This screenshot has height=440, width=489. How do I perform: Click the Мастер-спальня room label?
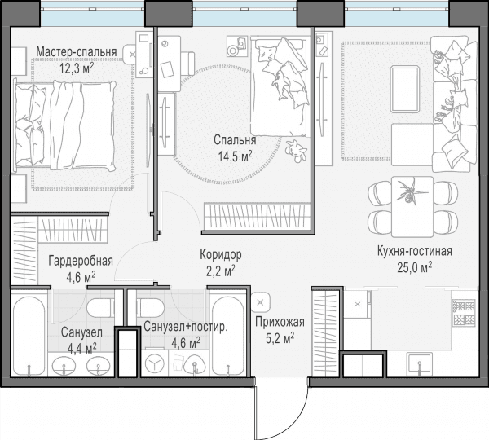point(77,52)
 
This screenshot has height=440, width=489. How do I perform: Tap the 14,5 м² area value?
point(235,156)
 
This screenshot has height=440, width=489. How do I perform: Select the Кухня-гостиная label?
point(415,251)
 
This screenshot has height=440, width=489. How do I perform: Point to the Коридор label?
point(221,255)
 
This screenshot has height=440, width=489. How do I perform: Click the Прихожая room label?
point(280,322)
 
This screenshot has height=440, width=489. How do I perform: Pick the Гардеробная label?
point(81,261)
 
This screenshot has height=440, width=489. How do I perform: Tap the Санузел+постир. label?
point(186,327)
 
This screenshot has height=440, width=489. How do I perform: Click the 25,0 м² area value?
point(415,267)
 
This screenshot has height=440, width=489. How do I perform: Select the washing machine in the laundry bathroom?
point(155,363)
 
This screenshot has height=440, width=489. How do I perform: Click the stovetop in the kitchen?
point(464,313)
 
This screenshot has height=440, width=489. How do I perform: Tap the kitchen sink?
point(420,363)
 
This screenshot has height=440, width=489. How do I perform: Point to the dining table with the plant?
point(412,207)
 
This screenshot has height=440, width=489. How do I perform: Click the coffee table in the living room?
point(405,89)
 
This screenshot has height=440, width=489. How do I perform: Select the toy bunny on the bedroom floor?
point(296,151)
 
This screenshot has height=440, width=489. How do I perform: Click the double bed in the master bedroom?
point(64,125)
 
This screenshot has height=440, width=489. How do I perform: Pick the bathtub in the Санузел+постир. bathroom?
point(227,336)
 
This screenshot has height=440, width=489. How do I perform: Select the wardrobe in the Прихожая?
point(325,332)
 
